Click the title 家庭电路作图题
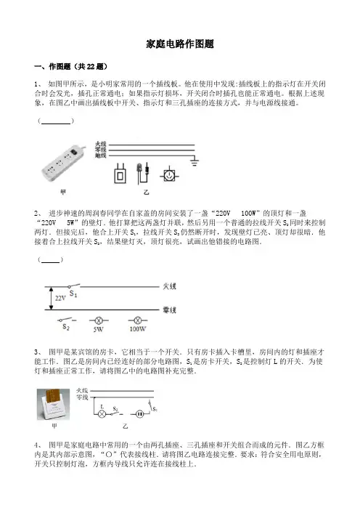(180, 44)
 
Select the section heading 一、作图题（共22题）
(71, 66)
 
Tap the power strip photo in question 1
(63, 163)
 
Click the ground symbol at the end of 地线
(195, 161)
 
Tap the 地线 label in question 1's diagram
(101, 155)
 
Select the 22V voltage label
(60, 298)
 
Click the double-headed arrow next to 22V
(51, 299)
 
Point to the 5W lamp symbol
(98, 320)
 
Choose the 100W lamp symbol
(138, 320)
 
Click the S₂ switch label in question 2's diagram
(66, 327)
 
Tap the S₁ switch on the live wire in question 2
(74, 286)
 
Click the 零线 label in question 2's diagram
(169, 310)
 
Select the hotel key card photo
(54, 404)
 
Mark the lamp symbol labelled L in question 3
(102, 414)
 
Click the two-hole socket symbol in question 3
(139, 414)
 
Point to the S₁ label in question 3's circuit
(155, 409)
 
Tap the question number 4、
(38, 445)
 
